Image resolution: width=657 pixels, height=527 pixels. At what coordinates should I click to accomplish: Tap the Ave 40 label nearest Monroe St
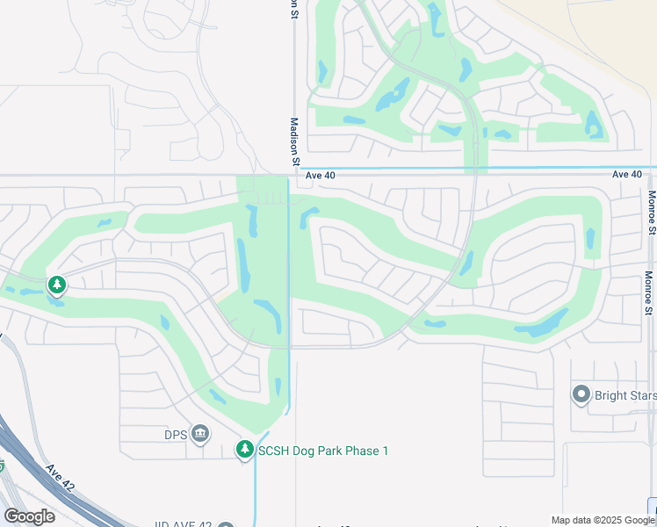(627, 175)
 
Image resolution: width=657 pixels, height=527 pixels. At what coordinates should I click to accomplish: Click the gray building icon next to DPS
(201, 432)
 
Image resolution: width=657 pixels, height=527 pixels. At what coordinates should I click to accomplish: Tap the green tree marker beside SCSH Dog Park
(245, 450)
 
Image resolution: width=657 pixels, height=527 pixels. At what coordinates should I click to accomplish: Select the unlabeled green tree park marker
(57, 285)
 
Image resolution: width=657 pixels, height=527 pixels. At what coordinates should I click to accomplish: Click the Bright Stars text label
(625, 395)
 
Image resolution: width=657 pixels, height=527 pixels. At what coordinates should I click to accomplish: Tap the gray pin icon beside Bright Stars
(581, 394)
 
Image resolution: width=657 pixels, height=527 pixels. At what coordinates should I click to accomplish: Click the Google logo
(30, 516)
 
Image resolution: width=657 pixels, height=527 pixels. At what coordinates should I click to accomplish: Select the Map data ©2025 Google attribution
(603, 520)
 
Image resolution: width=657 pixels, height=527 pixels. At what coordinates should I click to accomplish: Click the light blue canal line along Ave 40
(527, 167)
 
